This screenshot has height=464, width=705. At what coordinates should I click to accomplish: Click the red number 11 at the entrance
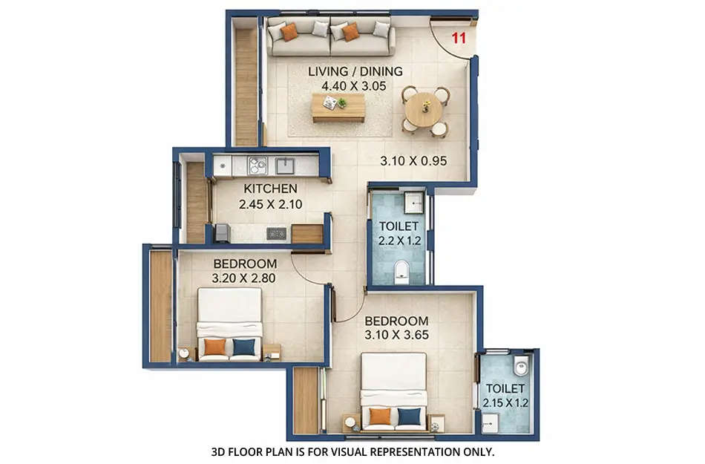[x=459, y=39]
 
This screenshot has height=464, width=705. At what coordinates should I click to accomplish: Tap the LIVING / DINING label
[x=355, y=71]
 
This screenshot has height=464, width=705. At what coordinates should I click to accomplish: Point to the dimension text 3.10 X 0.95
[x=413, y=160]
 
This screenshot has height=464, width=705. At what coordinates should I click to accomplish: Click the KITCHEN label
[x=270, y=189]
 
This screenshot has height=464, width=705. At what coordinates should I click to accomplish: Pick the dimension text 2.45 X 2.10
[x=270, y=203]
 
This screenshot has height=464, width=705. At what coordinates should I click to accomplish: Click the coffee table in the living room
[x=338, y=107]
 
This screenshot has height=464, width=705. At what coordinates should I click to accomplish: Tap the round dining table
[x=425, y=110]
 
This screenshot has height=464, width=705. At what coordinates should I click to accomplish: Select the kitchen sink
[x=286, y=165]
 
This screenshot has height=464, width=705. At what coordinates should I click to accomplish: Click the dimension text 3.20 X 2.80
[x=245, y=278]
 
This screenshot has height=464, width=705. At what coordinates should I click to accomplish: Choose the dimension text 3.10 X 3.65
[x=396, y=335]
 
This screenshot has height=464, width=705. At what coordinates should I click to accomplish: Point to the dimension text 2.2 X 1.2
[x=399, y=240]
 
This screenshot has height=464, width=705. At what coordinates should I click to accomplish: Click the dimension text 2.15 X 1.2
[x=505, y=403]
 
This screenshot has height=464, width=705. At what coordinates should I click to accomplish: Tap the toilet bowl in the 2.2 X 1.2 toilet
[x=401, y=272]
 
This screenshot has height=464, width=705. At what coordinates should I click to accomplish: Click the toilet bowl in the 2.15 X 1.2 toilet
[x=521, y=365]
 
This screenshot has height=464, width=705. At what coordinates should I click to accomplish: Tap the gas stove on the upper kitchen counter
[x=258, y=165]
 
